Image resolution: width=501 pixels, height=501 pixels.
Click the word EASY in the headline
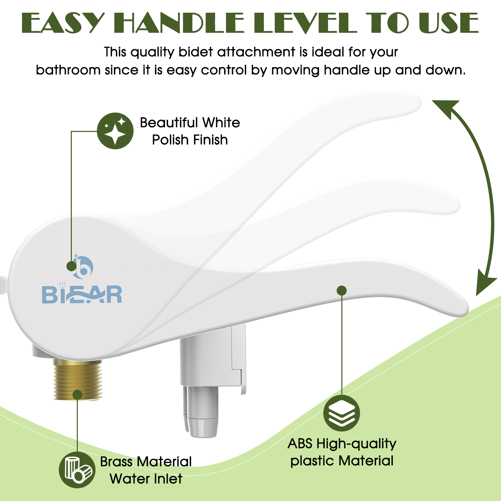coord(63,23)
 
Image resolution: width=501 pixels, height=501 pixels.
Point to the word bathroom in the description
coord(68,70)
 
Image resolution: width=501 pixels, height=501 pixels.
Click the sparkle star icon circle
coord(115,131)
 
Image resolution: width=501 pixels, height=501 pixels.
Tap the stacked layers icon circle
coord(342,413)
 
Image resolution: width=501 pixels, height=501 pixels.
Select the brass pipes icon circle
coord(77,470)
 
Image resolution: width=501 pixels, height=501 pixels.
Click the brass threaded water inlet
coord(77,379)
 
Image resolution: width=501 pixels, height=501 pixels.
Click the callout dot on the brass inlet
coord(77,395)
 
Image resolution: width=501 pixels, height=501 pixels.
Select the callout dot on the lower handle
coord(342,291)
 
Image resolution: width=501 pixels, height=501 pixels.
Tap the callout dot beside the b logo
coord(71,266)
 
